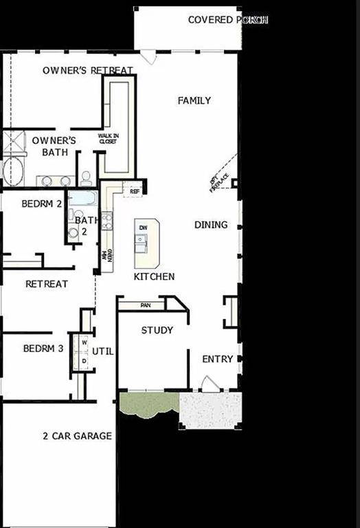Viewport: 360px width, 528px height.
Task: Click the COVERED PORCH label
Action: point(227,20)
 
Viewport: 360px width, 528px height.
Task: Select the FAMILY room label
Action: point(194,101)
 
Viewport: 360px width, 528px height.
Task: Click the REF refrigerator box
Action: point(135,191)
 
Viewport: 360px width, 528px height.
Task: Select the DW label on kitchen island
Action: point(143,228)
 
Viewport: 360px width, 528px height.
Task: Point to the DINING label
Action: point(211,225)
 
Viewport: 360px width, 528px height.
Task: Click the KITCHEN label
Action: point(154,277)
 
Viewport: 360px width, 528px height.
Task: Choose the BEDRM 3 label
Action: point(43,349)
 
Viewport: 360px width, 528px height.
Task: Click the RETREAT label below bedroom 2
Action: point(47,284)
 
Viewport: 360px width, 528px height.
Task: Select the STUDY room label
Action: point(157,331)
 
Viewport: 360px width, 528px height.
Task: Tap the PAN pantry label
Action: point(145,304)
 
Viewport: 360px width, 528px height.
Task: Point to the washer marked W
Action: point(85,342)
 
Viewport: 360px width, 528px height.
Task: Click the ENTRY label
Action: point(217,360)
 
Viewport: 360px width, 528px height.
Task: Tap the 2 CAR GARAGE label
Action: point(77,436)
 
